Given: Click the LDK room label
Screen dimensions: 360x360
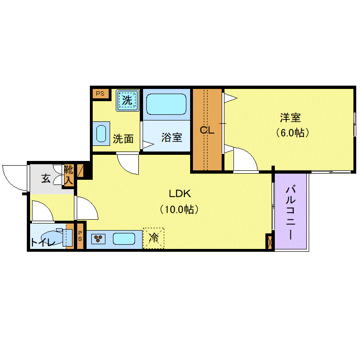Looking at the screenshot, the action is click(x=180, y=194).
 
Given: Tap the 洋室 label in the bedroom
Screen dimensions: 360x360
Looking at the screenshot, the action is click(x=290, y=118).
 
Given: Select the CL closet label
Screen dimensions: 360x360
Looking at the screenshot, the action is click(x=207, y=130).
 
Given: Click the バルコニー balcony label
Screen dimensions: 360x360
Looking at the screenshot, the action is click(x=290, y=212).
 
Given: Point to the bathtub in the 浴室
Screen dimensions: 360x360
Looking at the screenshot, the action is click(x=166, y=104).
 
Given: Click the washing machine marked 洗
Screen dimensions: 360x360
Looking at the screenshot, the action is click(x=128, y=100).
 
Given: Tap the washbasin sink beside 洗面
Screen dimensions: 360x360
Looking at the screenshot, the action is click(x=101, y=133).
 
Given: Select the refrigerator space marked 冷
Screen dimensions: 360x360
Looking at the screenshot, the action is click(x=153, y=238).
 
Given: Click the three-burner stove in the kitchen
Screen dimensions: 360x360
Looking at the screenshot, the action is click(x=98, y=239).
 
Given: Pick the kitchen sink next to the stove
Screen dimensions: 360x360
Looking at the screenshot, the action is click(x=124, y=239).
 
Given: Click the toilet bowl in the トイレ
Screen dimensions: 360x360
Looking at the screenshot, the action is click(x=52, y=237).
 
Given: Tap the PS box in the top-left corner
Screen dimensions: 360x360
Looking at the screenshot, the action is click(x=100, y=94).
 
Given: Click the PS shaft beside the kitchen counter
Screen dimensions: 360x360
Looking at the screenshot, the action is click(x=80, y=236).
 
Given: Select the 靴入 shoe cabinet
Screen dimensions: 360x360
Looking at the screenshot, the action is click(x=68, y=175).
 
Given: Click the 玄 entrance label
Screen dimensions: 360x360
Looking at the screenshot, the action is click(x=46, y=178).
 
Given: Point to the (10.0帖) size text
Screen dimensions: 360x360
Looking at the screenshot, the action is click(x=179, y=209).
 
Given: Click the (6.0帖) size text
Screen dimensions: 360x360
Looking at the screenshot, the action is click(x=292, y=133).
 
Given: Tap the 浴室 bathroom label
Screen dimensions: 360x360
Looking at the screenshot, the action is click(x=172, y=137).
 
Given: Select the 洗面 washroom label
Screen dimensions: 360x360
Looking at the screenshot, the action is click(x=123, y=139).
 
